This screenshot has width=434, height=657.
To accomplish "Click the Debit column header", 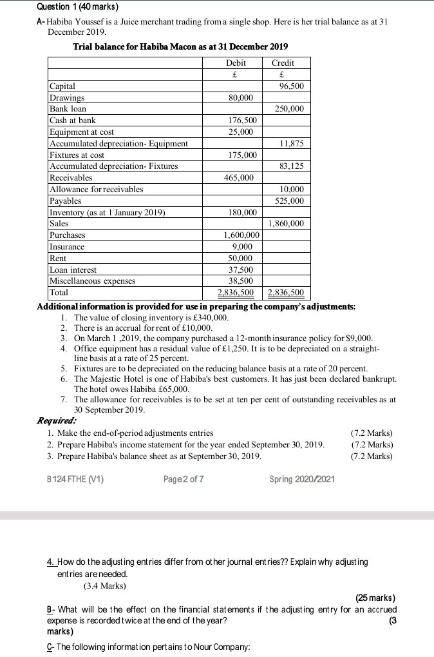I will coord(236,63).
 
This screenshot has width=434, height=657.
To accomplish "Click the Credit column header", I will coord(283,63).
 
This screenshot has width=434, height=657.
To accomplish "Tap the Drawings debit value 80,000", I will coord(241,97).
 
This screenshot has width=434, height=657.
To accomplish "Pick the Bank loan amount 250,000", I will coord(289,109).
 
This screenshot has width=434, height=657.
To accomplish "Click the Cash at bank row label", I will coord(73,121).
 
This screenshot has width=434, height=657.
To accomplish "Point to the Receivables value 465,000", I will coord(239,177).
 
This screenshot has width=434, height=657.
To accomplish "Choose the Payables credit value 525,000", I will coord(289,201).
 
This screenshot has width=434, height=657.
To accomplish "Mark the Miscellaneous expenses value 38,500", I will coord(241,281).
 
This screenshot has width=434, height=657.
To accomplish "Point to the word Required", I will coord(57,420).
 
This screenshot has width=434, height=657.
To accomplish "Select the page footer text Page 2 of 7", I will coord(184,479).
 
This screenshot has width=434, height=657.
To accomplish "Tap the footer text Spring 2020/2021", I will coord(303,479).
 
